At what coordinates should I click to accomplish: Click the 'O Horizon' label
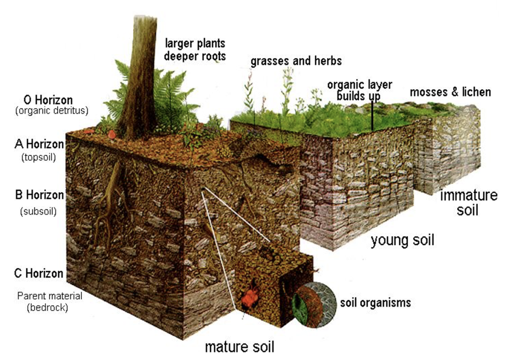[x=48, y=100]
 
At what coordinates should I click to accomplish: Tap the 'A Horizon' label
[x=39, y=144]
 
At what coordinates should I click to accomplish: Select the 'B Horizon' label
[x=40, y=195]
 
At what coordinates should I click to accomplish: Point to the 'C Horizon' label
[x=39, y=273]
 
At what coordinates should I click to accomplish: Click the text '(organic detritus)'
[x=52, y=111]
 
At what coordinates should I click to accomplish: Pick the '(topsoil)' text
[x=39, y=157]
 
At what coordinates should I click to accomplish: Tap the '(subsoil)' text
[x=39, y=211]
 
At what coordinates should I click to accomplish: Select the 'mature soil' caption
[x=239, y=347]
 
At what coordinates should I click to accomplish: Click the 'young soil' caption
[x=402, y=240]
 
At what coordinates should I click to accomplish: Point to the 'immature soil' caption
[x=468, y=202]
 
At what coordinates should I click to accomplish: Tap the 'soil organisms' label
[x=375, y=302]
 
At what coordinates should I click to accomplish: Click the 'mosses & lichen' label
[x=450, y=92]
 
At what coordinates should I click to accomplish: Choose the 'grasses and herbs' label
[x=296, y=61]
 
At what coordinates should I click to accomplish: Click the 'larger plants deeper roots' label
[x=195, y=50]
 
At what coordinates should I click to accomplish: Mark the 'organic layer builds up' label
[x=360, y=90]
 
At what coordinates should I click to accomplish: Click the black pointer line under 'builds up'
[x=372, y=116]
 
